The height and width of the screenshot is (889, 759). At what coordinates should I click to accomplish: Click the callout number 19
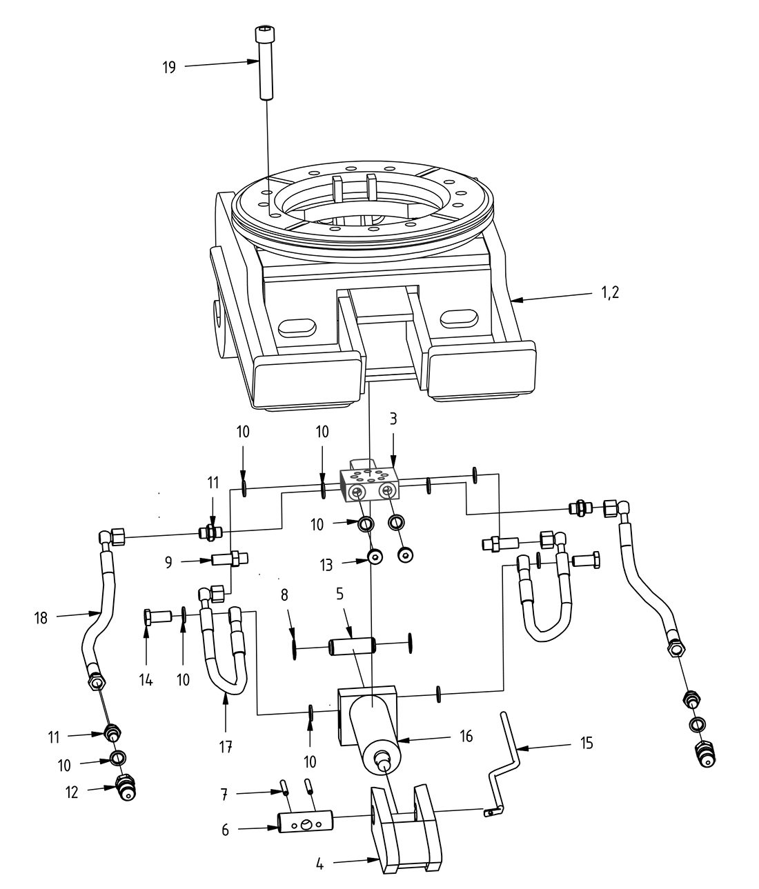[x=169, y=68]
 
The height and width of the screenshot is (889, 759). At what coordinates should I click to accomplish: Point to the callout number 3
[x=393, y=419]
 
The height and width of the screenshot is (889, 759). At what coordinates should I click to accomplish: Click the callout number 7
[x=224, y=794]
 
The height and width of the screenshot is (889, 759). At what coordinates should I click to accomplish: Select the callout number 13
[x=326, y=565]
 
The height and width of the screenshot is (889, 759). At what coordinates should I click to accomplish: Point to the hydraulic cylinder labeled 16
[x=375, y=732]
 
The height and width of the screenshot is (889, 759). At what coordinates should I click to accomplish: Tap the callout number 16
[x=466, y=737]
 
